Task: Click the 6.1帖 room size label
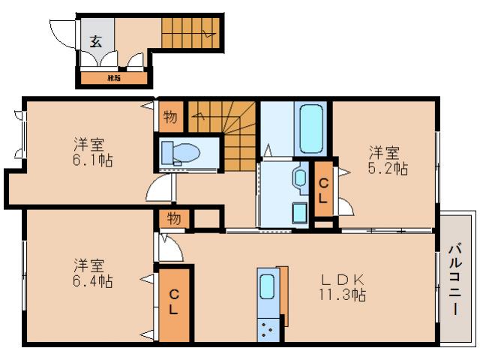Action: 93,160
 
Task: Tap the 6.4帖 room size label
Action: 93,283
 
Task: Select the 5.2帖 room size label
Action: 388,170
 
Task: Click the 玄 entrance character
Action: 96,41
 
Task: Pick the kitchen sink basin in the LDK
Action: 267,289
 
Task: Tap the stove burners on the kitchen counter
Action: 266,328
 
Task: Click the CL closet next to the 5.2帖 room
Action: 323,190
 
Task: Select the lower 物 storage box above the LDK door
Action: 173,219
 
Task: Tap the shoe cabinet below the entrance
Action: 115,77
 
